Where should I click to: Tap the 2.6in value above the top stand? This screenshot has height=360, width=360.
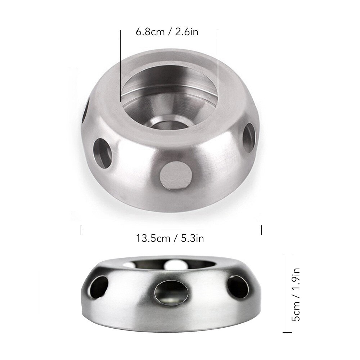point(186,32)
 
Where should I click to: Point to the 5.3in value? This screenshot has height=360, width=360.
point(191,238)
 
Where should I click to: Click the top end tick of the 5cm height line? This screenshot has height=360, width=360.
point(287,256)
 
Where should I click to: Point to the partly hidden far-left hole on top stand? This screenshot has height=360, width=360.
point(86,112)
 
